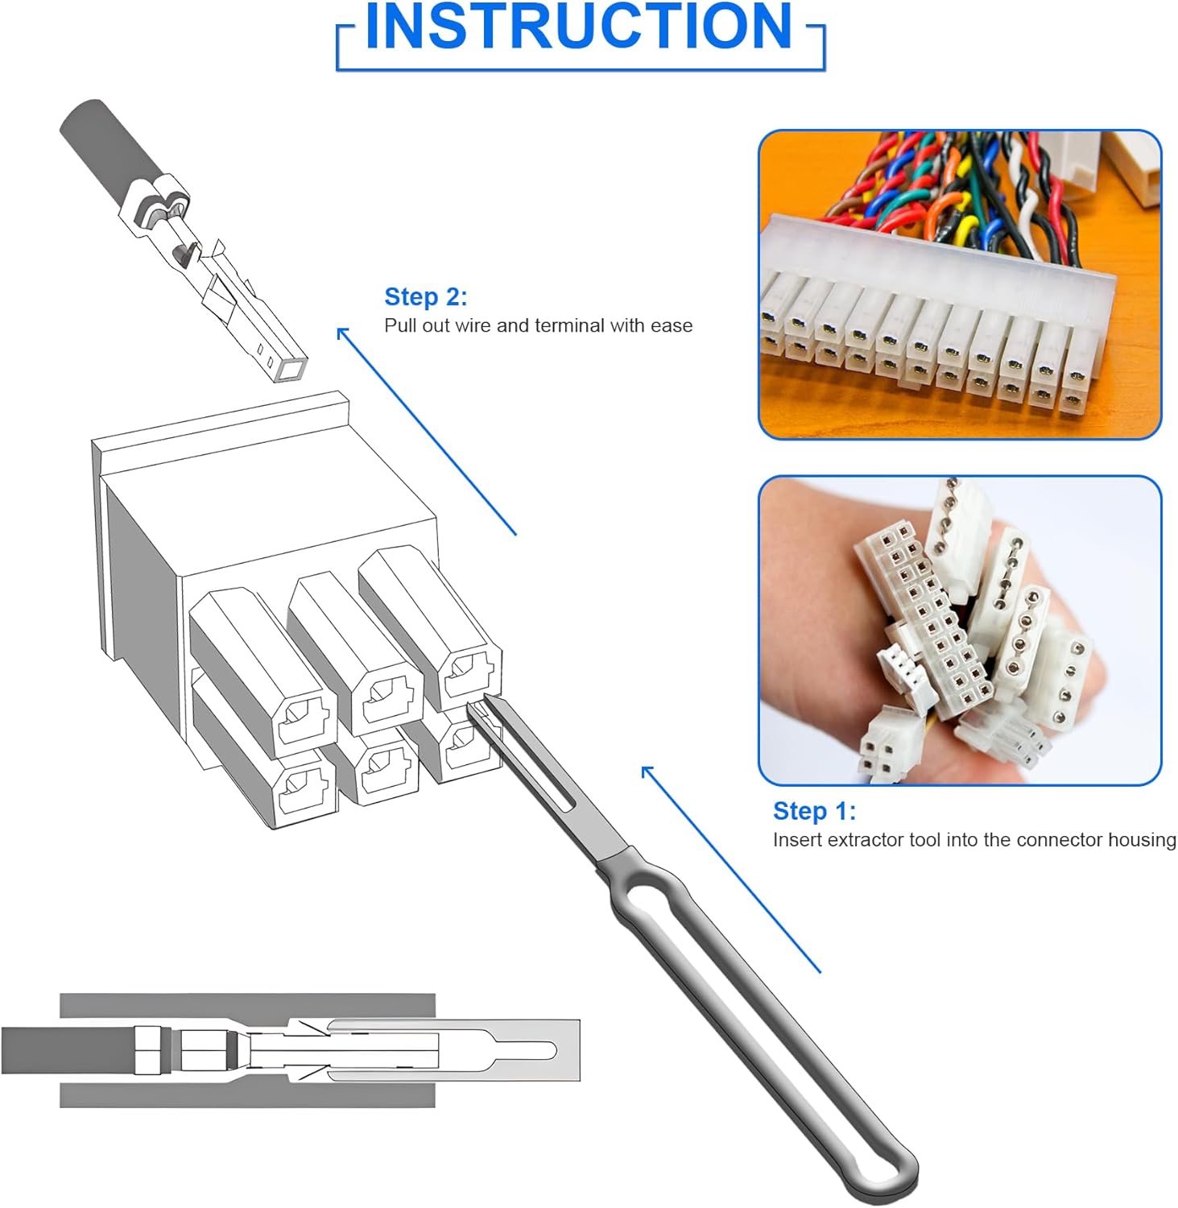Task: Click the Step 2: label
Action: [426, 296]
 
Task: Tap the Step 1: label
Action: [814, 810]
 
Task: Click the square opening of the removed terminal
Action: [289, 369]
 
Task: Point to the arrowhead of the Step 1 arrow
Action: [647, 772]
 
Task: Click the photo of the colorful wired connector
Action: [960, 284]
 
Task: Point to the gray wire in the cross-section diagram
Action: [68, 1050]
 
